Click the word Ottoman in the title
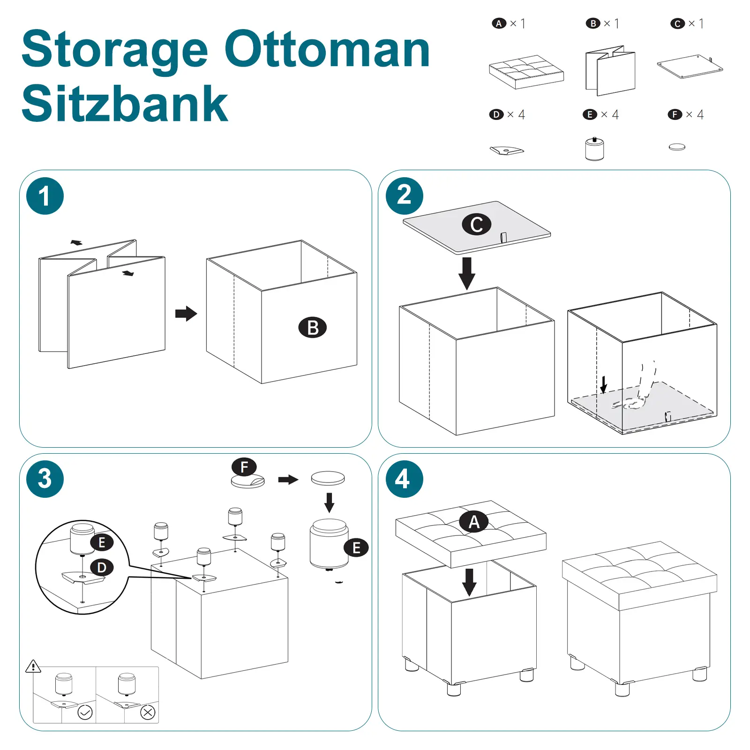327,50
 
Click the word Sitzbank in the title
125,104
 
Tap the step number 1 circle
45,196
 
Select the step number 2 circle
404,195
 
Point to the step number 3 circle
45,479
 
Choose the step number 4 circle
404,479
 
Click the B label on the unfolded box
312,327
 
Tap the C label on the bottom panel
476,225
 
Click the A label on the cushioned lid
474,522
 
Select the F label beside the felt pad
244,467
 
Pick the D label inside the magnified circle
102,568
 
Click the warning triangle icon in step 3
33,666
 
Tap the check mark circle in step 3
85,712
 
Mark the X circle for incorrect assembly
148,712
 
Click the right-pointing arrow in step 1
186,314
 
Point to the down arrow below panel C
466,273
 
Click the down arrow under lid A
469,582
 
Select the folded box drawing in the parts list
610,70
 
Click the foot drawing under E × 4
594,150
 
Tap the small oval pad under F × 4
677,147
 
